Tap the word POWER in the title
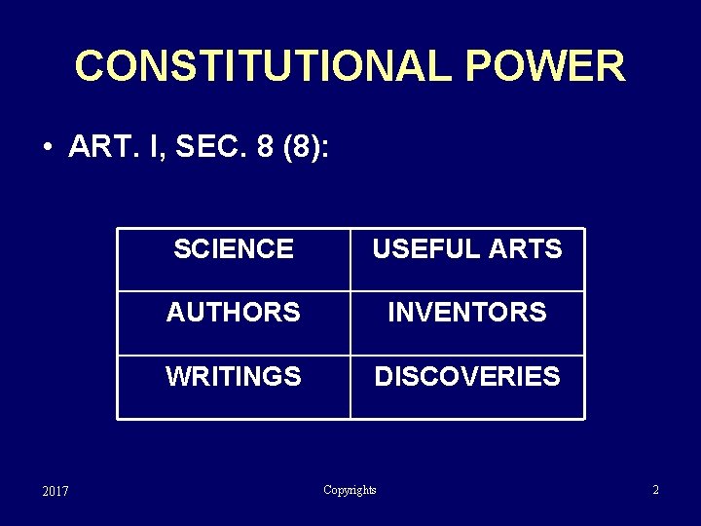545,66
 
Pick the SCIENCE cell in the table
234,249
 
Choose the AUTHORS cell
234,313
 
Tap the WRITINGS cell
234,376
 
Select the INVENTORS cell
467,313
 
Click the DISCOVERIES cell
467,376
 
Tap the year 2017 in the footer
55,491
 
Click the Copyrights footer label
350,490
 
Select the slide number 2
656,490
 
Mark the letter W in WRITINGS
176,376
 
